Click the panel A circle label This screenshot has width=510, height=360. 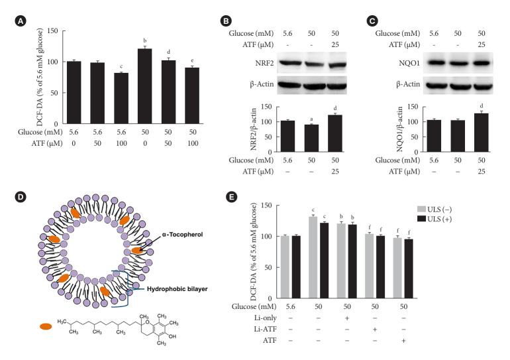point(21,21)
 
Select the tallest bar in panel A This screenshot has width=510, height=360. point(145,86)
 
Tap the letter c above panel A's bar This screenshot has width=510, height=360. point(121,67)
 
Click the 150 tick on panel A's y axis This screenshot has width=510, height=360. point(52,31)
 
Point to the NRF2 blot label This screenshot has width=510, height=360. point(264,63)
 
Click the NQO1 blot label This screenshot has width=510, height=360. point(409,63)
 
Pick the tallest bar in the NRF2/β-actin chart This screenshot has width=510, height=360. point(335,133)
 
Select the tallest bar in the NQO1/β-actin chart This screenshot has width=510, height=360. point(482,133)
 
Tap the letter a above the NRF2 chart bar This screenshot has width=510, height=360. point(311,119)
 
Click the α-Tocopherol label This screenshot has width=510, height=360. point(182,234)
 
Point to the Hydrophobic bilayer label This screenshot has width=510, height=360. point(178,288)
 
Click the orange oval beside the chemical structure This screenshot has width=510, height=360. point(46,326)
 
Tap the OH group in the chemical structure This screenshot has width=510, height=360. point(172,336)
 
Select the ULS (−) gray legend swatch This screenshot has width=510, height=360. point(421,209)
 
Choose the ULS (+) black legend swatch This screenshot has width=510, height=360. point(421,219)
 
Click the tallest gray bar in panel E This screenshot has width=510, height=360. point(313,257)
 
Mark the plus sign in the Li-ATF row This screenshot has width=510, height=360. point(375,330)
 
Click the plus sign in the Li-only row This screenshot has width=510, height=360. point(347,318)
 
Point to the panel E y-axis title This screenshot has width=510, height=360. point(254,251)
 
